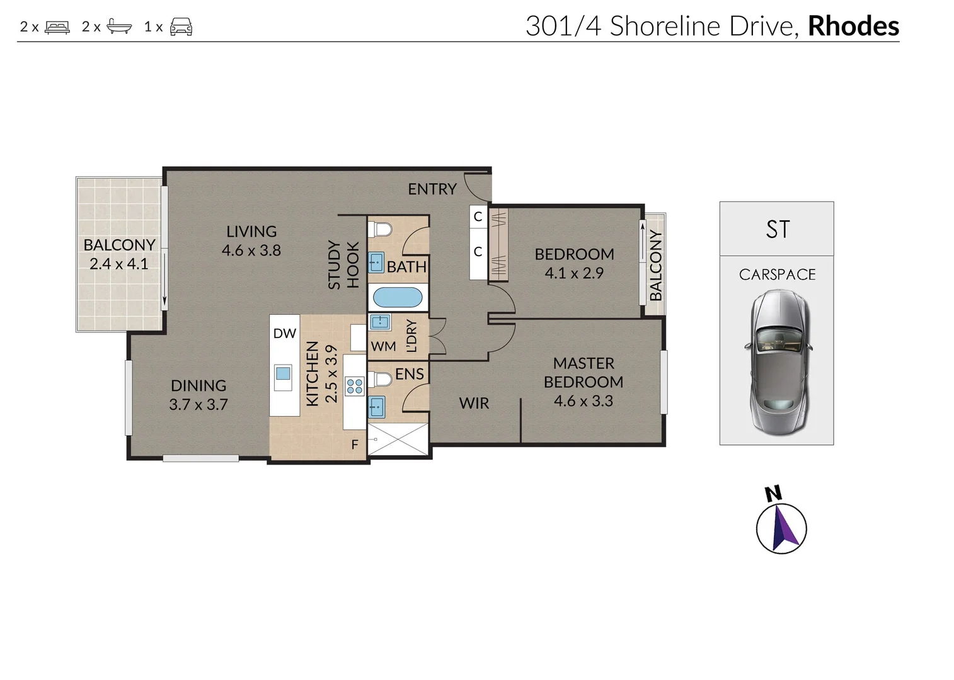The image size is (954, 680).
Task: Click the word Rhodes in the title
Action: pyautogui.click(x=853, y=26)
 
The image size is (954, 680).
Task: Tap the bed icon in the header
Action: pyautogui.click(x=57, y=27)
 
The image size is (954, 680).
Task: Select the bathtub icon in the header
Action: pyautogui.click(x=119, y=27)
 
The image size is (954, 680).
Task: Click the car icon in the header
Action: pyautogui.click(x=181, y=27)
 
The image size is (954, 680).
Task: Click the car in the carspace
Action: pyautogui.click(x=778, y=363)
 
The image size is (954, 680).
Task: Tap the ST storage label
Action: pyautogui.click(x=778, y=229)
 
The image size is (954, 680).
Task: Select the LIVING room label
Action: pyautogui.click(x=251, y=232)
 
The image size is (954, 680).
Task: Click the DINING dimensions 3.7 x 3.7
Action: pyautogui.click(x=198, y=404)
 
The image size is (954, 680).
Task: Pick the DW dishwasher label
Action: pyautogui.click(x=284, y=333)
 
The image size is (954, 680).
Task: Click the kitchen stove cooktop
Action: pyautogui.click(x=355, y=386)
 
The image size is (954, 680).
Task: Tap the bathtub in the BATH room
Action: pyautogui.click(x=398, y=298)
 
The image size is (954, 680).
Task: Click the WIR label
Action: pyautogui.click(x=474, y=403)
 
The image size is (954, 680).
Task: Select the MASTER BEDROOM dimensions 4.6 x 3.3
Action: pyautogui.click(x=583, y=400)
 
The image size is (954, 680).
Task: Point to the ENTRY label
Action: pyautogui.click(x=432, y=189)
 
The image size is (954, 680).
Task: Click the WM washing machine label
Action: pyautogui.click(x=383, y=346)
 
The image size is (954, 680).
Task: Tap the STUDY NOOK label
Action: pyautogui.click(x=344, y=265)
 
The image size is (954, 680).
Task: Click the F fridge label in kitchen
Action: pyautogui.click(x=355, y=445)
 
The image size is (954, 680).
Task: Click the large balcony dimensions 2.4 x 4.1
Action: pyautogui.click(x=119, y=263)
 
